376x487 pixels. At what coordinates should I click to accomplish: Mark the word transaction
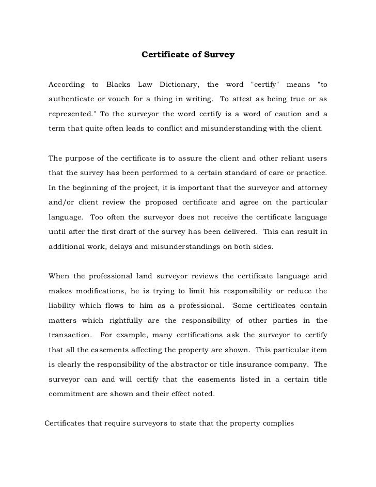(x=70, y=335)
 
